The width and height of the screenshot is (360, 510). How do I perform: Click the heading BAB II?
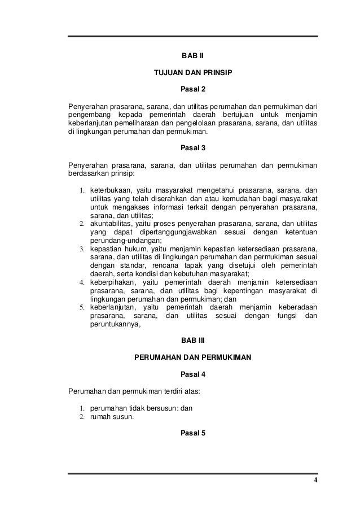click(192, 56)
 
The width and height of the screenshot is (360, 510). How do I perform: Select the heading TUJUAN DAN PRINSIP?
click(192, 73)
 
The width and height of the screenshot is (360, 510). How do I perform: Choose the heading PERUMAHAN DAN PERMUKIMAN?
click(192, 358)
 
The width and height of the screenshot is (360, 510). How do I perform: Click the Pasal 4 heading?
click(192, 373)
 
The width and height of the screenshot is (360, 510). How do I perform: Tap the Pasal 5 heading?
click(192, 433)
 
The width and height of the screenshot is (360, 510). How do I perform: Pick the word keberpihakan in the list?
click(112, 282)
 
